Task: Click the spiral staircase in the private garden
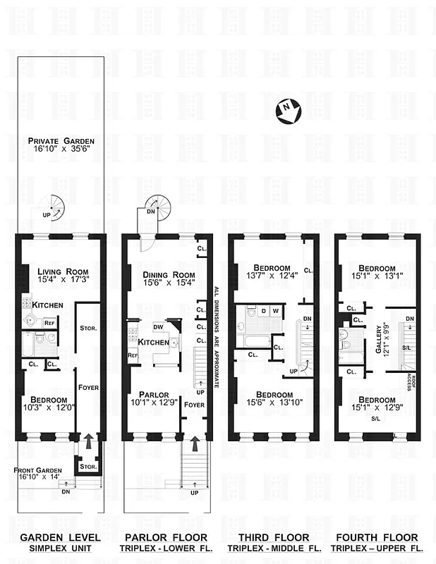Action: [x=50, y=210]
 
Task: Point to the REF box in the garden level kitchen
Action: [x=49, y=323]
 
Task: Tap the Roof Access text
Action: [x=410, y=381]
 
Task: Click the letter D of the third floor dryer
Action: [x=264, y=310]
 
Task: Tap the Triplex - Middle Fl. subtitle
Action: [x=274, y=548]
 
